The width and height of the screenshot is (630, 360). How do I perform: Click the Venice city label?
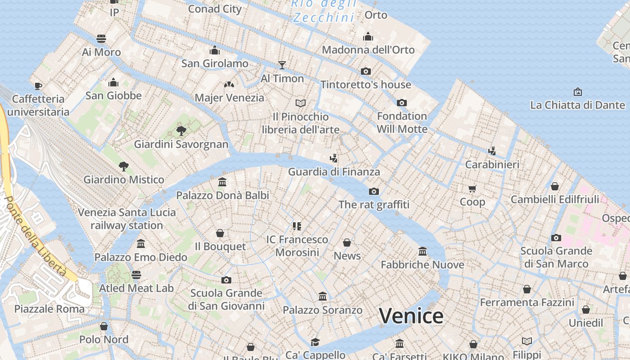(x=411, y=316)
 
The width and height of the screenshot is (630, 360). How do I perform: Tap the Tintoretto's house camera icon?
(x=366, y=71)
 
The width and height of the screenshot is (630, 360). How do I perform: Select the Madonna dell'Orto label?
(x=368, y=50)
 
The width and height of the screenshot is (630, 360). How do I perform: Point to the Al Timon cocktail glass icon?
(x=282, y=65)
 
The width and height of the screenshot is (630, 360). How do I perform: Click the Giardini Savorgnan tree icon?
(x=181, y=131)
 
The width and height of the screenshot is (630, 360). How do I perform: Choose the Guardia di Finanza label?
(x=334, y=171)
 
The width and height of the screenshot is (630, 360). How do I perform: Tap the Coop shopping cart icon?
(x=472, y=189)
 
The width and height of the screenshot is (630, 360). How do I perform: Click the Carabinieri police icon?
(x=492, y=151)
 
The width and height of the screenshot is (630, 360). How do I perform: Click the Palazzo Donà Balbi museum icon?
(x=222, y=182)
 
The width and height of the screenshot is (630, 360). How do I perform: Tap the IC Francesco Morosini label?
(x=297, y=246)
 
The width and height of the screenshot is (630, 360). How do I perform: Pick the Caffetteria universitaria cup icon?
(x=38, y=85)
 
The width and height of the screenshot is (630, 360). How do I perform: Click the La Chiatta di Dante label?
(x=577, y=105)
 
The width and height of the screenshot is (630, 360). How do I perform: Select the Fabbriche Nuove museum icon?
(x=423, y=251)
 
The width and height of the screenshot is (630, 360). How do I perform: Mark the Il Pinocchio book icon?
(x=301, y=103)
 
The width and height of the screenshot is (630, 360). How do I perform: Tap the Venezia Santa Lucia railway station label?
(x=126, y=219)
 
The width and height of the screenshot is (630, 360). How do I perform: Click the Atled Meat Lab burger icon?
(x=136, y=275)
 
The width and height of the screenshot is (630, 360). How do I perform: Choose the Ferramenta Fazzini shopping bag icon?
(x=527, y=289)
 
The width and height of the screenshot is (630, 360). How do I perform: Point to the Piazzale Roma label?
(x=49, y=309)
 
